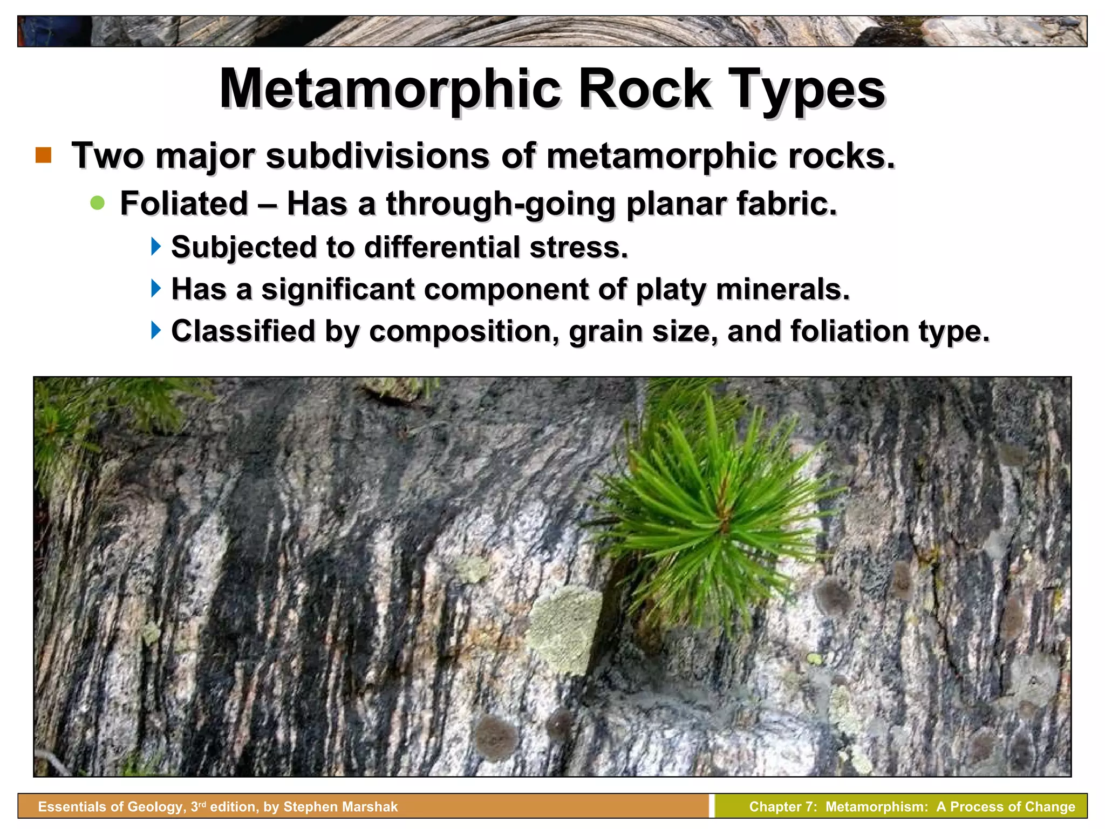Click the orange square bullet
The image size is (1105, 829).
tap(43, 155)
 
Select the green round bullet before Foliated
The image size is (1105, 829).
tap(97, 203)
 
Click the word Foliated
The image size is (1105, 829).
tap(183, 204)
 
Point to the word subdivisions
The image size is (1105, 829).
tap(378, 156)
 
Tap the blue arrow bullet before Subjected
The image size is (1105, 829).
tap(156, 247)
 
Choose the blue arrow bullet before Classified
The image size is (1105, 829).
tap(156, 330)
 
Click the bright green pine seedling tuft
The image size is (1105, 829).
tap(718, 518)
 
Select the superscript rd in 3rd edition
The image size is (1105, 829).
tap(200, 804)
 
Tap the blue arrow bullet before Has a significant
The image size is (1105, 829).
tap(156, 288)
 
